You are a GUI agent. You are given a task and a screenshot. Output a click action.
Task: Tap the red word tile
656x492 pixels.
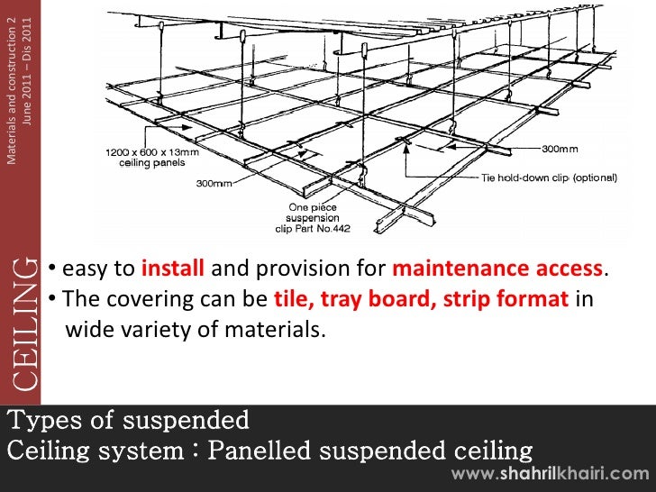pyautogui.click(x=289, y=299)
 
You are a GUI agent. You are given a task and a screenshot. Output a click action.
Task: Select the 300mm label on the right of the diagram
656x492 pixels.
pyautogui.click(x=560, y=149)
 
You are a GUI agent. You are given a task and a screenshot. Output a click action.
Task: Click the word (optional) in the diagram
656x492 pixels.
pyautogui.click(x=595, y=178)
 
